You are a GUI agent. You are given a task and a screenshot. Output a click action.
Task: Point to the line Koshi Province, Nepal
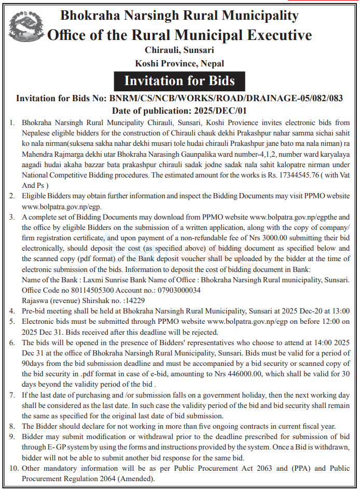pyautogui.click(x=179, y=63)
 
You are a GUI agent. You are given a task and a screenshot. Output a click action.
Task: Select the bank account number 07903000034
pyautogui.click(x=176, y=291)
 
